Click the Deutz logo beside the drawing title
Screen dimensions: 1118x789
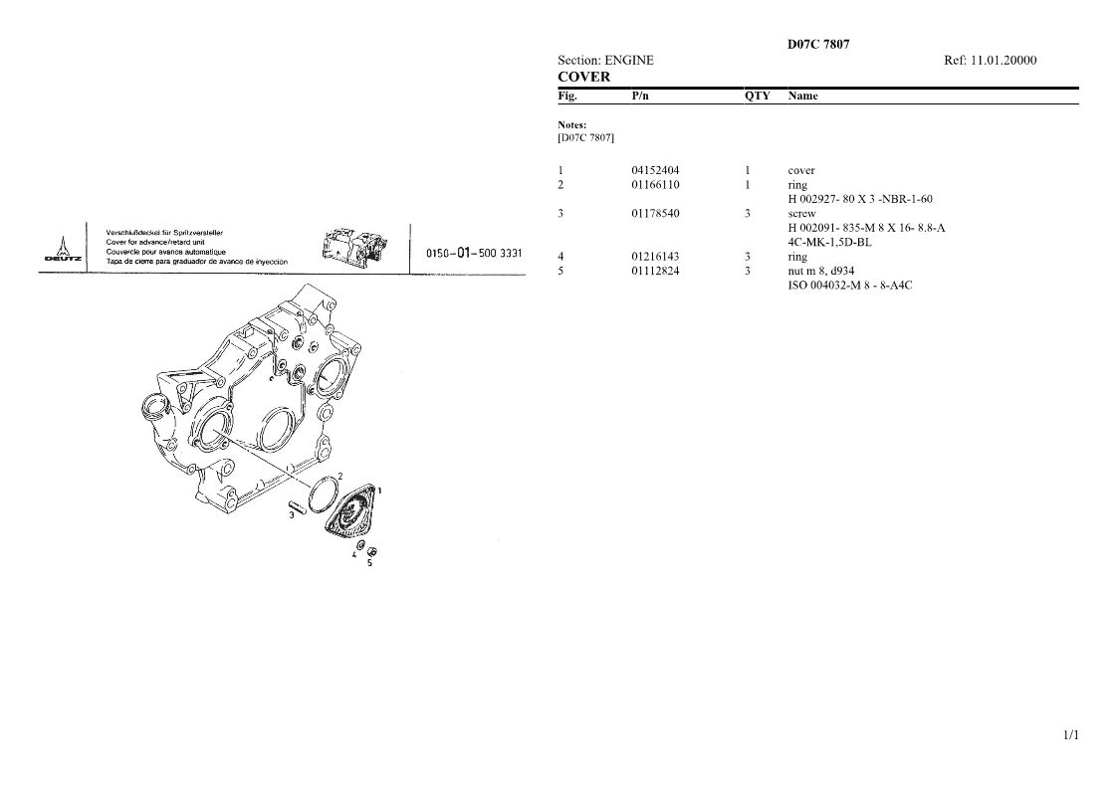(63, 249)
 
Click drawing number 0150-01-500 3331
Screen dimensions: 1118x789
(474, 253)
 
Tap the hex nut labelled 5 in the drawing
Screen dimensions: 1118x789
(371, 551)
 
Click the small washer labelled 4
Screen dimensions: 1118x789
(360, 546)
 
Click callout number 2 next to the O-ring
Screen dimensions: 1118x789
(340, 477)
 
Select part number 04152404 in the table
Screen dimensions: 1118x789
(655, 170)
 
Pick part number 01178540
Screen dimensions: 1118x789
(655, 213)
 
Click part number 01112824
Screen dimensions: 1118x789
(655, 271)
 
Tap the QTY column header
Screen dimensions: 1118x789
(758, 97)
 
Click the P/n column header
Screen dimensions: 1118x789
(640, 97)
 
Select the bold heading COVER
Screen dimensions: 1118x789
(584, 77)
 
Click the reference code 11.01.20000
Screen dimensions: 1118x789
(1004, 61)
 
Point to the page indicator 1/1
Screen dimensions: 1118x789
(1071, 735)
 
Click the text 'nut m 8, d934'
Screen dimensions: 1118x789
(820, 271)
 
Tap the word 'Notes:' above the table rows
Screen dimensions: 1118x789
(571, 124)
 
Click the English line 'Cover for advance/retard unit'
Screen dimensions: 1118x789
(154, 243)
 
